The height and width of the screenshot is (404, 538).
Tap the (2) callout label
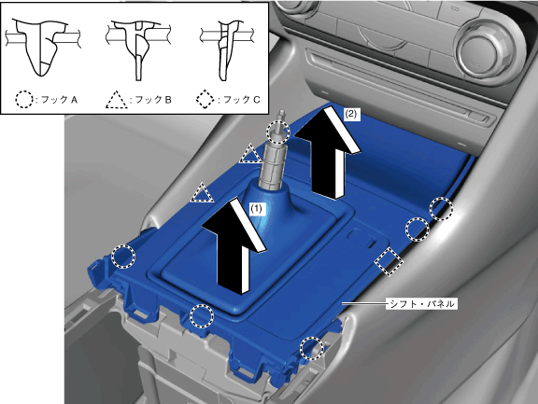351,115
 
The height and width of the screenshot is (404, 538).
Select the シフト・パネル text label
421,303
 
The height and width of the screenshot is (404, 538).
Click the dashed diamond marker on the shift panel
389,262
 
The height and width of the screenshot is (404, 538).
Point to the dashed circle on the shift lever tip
278,132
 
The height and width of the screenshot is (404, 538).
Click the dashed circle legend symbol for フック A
24,100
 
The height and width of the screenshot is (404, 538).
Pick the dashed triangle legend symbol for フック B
117,100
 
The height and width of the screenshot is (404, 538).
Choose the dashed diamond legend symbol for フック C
205,100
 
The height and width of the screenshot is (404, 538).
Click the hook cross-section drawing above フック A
41,47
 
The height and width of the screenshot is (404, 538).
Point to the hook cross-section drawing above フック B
137,49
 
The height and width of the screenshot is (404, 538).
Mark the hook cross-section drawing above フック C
226,49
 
